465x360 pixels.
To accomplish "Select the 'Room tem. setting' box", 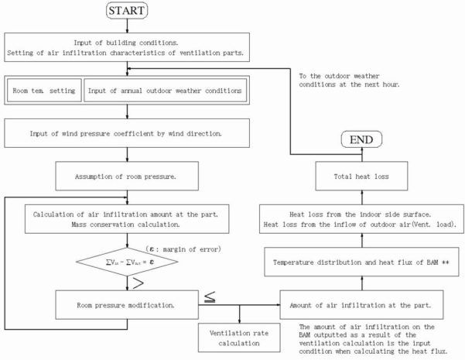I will pos(43,91).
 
